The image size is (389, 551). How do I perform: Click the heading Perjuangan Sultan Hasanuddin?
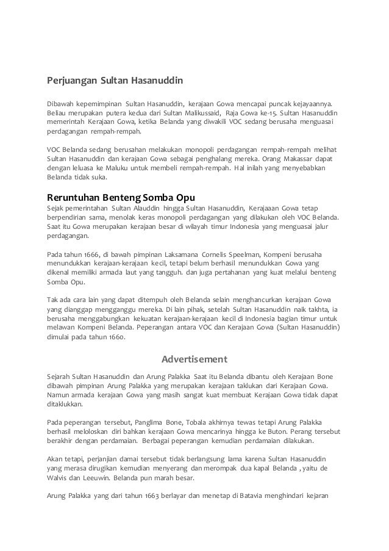(x=115, y=80)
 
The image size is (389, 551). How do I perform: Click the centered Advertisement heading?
(x=194, y=358)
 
